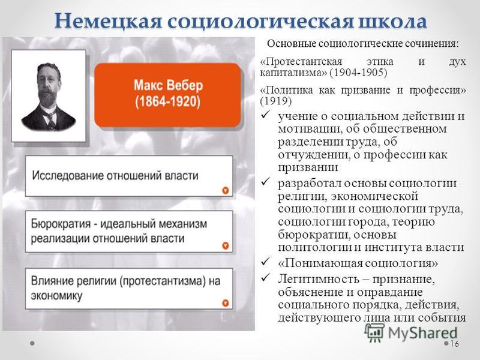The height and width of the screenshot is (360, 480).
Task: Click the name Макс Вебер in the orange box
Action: click(169, 85)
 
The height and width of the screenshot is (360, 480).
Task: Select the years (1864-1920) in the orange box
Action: click(168, 101)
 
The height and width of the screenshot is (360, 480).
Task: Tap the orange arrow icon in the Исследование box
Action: click(226, 190)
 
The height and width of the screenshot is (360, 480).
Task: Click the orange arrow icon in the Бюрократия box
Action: click(226, 245)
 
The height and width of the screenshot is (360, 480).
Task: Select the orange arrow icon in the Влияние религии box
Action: click(226, 303)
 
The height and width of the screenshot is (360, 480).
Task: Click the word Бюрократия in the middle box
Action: click(61, 224)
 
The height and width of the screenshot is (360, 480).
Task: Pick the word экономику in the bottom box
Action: click(56, 296)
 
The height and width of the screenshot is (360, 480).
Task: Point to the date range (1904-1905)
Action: click(358, 73)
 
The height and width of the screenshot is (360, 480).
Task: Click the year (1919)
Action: click(276, 101)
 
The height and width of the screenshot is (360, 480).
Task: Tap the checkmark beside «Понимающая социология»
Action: click(265, 262)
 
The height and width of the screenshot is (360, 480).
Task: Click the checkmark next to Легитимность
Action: click(265, 278)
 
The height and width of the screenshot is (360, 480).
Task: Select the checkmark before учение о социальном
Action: click(265, 115)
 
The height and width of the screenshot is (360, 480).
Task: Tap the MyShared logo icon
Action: click(374, 332)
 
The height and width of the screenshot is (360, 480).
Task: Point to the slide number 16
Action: click(454, 344)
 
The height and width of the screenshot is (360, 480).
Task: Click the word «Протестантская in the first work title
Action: click(301, 62)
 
